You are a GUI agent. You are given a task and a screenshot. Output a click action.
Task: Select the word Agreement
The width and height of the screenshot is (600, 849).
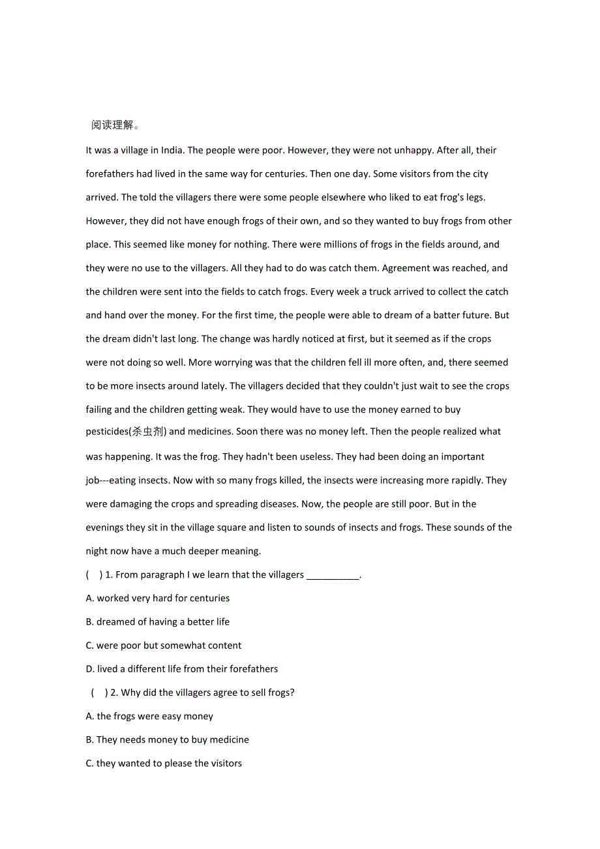(422, 268)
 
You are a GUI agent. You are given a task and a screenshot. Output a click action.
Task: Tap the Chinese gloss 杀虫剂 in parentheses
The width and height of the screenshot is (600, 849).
(149, 432)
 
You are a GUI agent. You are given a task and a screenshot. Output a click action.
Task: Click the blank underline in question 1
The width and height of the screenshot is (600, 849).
(333, 575)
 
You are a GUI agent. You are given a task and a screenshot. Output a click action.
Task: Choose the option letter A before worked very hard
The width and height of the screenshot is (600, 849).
(89, 599)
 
